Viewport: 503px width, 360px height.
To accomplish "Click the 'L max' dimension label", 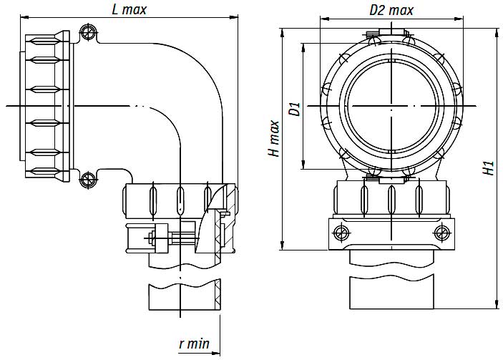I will [130, 10].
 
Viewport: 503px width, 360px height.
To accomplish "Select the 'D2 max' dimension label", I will [391, 10].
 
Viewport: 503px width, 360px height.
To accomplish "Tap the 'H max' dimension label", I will [274, 138].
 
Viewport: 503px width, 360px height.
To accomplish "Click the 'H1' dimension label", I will [489, 168].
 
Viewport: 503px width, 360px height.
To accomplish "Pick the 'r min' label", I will [194, 344].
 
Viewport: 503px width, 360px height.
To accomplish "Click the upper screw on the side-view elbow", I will [88, 32].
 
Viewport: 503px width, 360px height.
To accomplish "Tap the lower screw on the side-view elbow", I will [88, 178].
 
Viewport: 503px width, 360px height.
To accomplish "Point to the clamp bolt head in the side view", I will [152, 238].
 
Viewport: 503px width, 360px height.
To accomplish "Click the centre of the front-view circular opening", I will [391, 107].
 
